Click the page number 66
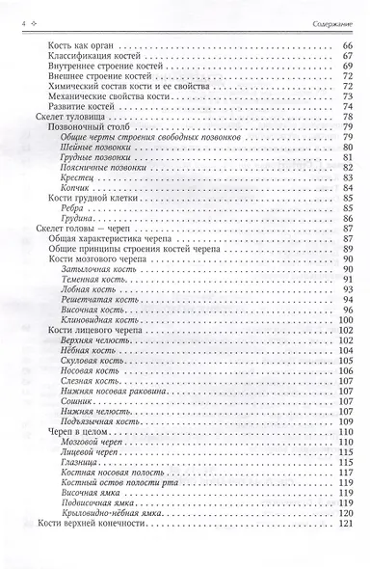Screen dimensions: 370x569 pyautogui.click(x=348, y=46)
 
